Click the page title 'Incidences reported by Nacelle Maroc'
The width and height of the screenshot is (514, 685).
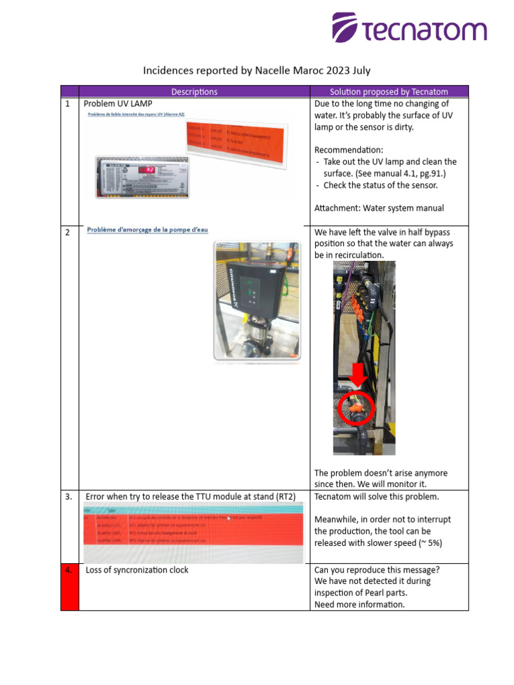257,70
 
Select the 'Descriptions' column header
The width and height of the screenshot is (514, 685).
194,92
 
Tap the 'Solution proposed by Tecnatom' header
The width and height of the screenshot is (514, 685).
389,92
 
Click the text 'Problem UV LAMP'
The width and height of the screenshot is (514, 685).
118,104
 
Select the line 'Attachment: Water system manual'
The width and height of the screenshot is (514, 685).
379,208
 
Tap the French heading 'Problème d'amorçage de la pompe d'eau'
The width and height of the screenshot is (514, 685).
147,230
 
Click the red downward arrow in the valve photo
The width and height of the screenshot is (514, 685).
359,375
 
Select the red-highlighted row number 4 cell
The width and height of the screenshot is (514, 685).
70,587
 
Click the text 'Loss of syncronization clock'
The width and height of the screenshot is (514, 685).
137,570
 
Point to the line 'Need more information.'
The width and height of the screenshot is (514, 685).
359,604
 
